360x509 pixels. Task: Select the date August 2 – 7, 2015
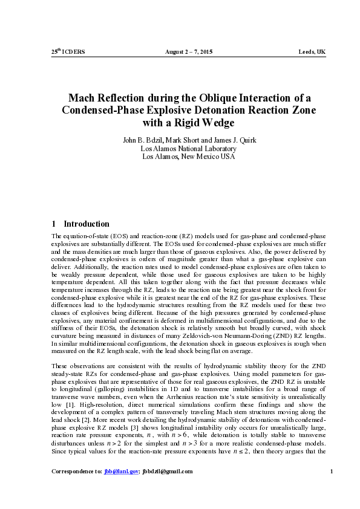click(x=189, y=52)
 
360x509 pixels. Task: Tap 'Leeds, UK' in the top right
click(x=312, y=52)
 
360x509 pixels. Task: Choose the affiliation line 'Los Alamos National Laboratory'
click(x=188, y=148)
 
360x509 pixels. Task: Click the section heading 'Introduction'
click(x=87, y=224)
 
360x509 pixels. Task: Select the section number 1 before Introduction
click(x=54, y=224)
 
